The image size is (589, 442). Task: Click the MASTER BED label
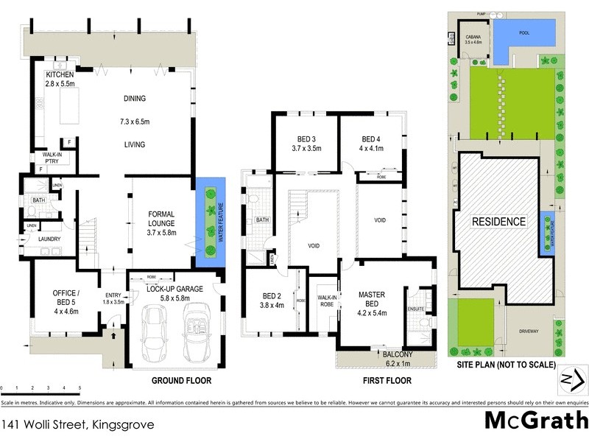click(x=372, y=295)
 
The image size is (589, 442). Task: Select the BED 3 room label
click(x=306, y=139)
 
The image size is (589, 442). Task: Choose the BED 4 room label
click(x=371, y=139)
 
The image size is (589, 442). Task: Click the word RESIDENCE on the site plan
click(x=498, y=221)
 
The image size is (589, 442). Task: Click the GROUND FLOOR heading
click(x=181, y=381)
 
